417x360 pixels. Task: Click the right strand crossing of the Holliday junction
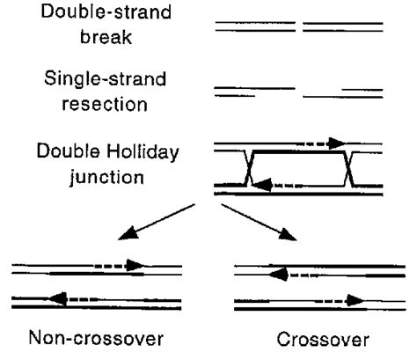pyautogui.click(x=351, y=167)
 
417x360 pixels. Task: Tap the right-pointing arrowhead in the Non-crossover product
pyautogui.click(x=134, y=263)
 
